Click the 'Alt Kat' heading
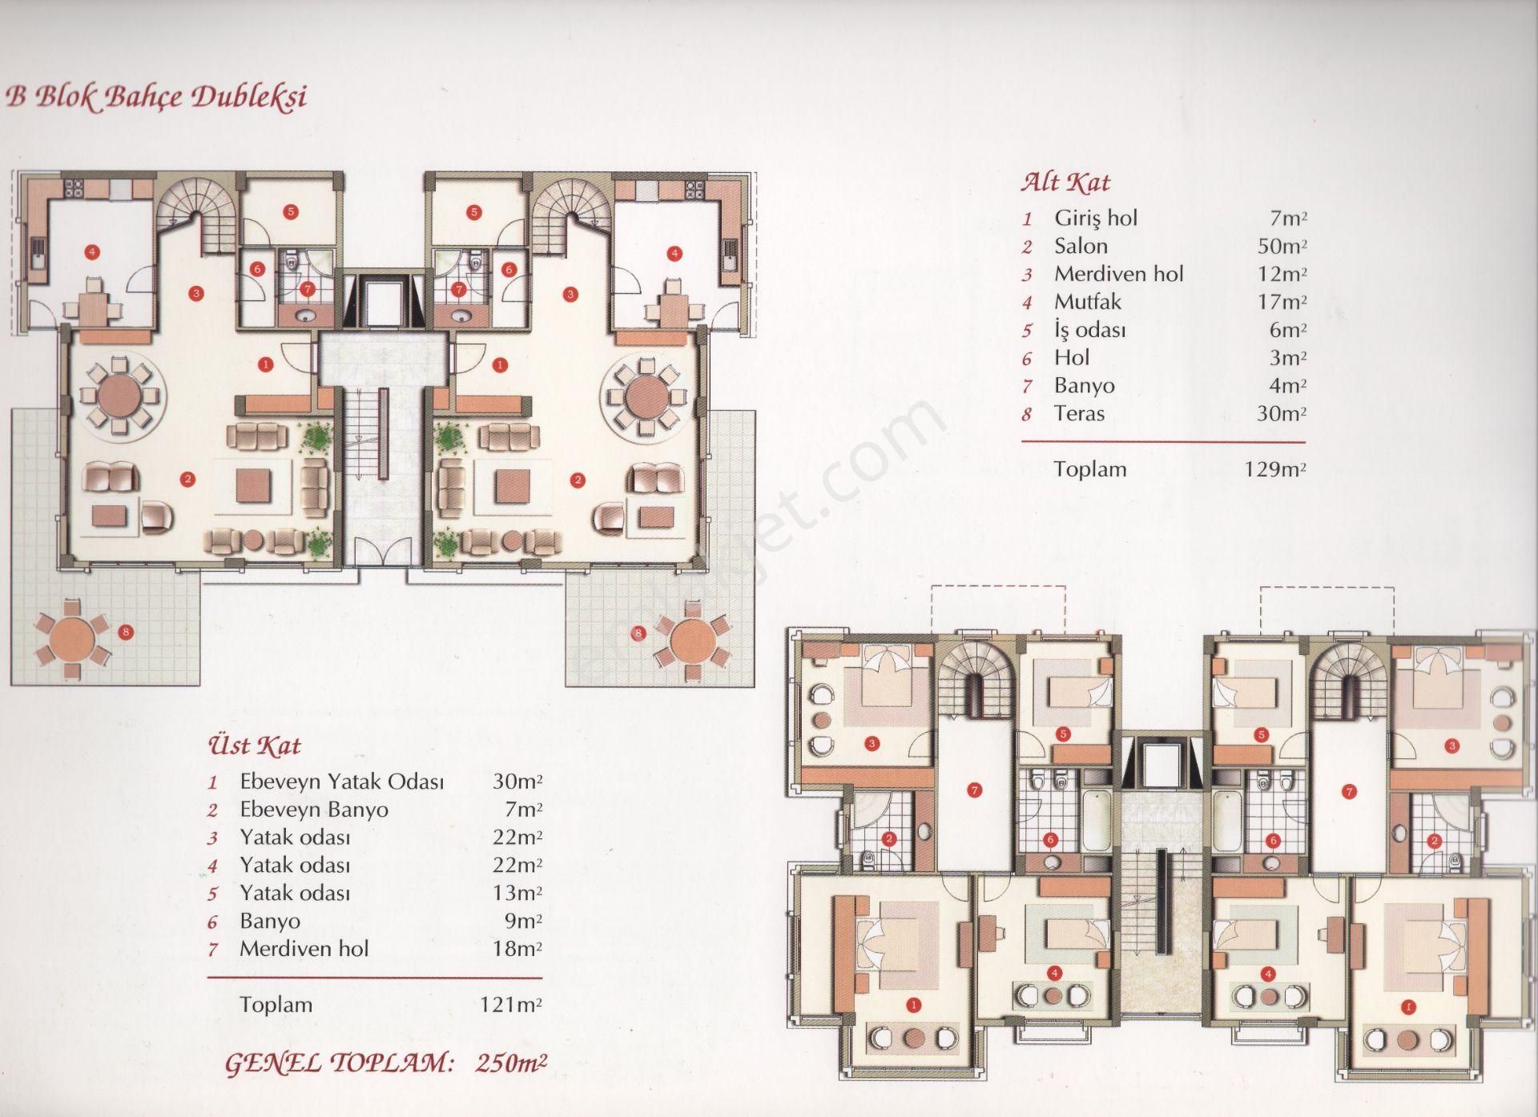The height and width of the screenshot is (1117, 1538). [x=1065, y=183]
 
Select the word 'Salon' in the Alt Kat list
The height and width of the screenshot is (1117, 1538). [x=1081, y=246]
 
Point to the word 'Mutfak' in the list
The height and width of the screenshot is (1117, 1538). [x=1087, y=302]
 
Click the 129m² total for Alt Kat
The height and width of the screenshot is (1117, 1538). [x=1274, y=468]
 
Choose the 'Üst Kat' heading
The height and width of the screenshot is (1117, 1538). [x=254, y=746]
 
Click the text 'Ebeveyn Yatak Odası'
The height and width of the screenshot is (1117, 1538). [x=342, y=781]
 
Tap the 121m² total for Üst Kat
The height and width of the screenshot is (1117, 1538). [x=510, y=1004]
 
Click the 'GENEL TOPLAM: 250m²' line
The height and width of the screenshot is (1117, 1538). [x=386, y=1063]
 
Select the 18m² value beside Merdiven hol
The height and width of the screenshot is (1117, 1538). [x=517, y=949]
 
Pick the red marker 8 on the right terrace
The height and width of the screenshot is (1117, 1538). [x=638, y=634]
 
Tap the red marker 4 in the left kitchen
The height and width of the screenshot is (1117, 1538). [x=93, y=253]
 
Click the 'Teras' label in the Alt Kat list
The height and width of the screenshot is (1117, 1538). [x=1079, y=413]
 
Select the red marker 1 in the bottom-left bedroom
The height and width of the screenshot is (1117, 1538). [x=916, y=1004]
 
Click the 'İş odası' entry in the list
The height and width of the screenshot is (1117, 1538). [x=1090, y=330]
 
